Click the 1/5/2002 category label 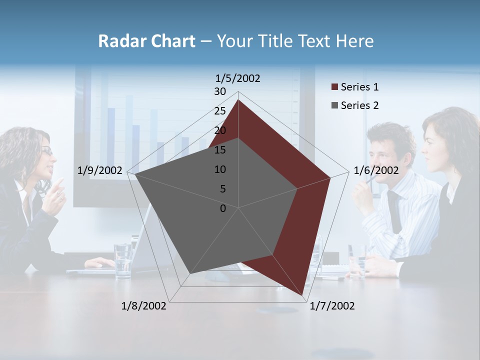[x=238, y=78]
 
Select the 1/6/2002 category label [x=376, y=170]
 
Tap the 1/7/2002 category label [x=332, y=306]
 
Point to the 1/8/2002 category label [x=143, y=306]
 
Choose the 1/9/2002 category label [x=100, y=170]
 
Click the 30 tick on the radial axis [x=220, y=91]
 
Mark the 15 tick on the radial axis [x=220, y=150]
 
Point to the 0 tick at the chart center [x=223, y=208]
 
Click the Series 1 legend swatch [x=334, y=87]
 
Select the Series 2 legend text [x=359, y=105]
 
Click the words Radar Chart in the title [x=146, y=41]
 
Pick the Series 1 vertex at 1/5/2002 [x=238, y=100]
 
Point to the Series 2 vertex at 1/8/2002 [x=190, y=273]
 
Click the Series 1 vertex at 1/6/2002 [x=330, y=177]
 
